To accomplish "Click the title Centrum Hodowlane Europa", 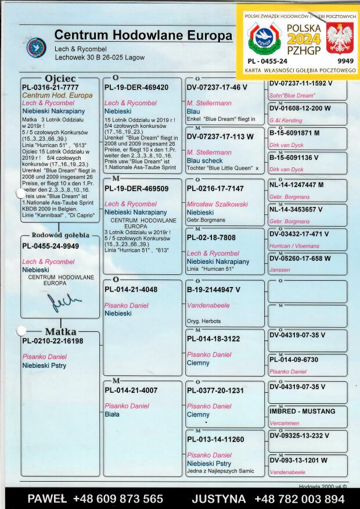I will pos(143,35).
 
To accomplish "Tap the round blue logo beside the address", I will pos(36,48).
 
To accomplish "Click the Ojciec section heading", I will pos(60,78).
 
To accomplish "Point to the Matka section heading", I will pos(60,332).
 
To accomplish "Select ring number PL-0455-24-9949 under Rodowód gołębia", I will pos(51,246).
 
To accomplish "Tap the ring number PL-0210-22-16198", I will pos(53,341).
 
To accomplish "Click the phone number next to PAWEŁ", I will pos(118,499).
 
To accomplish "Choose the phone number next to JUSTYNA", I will pos(299,499).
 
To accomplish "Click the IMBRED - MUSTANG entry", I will pos(303,411).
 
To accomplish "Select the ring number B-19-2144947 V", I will pos(214,289).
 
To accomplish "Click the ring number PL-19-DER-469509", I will pos(136,188).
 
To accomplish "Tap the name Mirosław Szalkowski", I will pos(217,205).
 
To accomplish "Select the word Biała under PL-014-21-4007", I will pos(112,414).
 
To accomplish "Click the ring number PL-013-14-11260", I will pos(215,439).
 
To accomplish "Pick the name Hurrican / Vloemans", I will pos(294,246).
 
